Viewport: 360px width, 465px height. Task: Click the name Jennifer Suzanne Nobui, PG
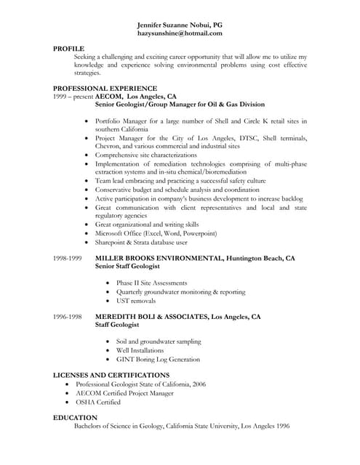point(180,24)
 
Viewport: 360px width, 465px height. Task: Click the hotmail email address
point(180,33)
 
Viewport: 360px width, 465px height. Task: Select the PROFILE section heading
point(69,47)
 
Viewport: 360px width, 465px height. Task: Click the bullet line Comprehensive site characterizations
point(145,155)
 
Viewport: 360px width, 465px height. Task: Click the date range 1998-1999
point(68,258)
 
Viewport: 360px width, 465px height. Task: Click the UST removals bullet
point(136,300)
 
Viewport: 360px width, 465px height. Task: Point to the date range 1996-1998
point(68,318)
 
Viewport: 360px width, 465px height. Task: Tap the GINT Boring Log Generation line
point(158,359)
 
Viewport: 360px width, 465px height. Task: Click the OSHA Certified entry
point(98,401)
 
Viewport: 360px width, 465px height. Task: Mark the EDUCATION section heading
point(75,418)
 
